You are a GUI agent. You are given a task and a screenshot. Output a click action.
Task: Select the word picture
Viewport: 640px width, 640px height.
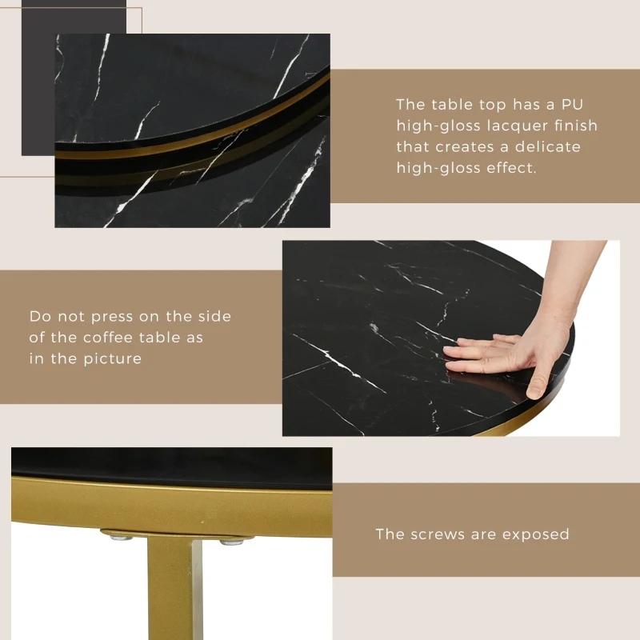click(x=112, y=358)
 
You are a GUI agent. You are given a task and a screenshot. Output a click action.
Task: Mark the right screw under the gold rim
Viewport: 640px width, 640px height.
click(x=231, y=542)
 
